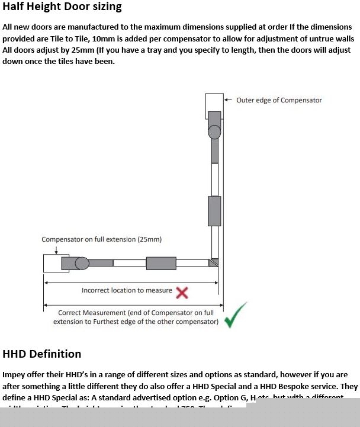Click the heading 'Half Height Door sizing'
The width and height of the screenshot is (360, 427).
coord(62,7)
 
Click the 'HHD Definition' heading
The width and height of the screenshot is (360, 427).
coord(42,354)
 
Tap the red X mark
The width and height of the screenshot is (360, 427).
coord(182,291)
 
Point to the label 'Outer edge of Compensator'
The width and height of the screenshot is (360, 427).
coord(279,100)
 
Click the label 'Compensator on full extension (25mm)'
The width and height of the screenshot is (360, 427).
coord(101,239)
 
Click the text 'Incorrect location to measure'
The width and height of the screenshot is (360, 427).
coord(127,290)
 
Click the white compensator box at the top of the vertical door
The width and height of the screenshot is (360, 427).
coord(214,108)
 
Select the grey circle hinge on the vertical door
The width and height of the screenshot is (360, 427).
coord(214,131)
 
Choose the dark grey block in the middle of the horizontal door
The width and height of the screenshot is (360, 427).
coord(161,263)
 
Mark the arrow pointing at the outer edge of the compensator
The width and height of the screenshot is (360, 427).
coord(229,100)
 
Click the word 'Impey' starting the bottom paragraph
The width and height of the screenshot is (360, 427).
coord(15,375)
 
